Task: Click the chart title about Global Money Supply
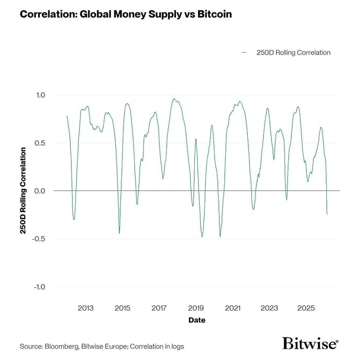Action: (126, 14)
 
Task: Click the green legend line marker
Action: (245, 53)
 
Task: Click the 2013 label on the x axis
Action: (85, 308)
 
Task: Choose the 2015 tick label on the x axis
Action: (122, 308)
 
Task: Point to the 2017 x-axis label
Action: (159, 308)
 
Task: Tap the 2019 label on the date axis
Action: (196, 308)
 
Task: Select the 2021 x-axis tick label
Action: (232, 308)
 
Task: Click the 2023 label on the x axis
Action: (269, 308)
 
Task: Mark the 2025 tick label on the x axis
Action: (306, 308)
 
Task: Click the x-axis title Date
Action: (196, 320)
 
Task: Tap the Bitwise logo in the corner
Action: (310, 344)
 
